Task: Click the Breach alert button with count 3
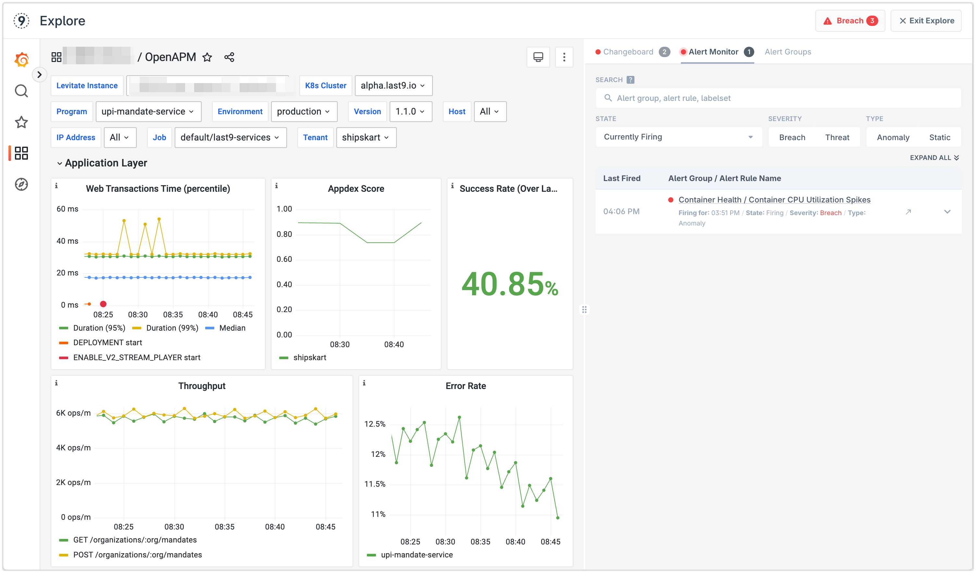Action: [850, 21]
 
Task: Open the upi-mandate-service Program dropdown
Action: [148, 112]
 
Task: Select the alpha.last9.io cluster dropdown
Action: [393, 86]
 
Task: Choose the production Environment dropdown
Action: [304, 112]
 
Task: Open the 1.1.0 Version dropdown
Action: [410, 112]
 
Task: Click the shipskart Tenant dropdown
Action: [366, 138]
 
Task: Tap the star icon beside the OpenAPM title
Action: [207, 57]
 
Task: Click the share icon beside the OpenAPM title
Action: [229, 57]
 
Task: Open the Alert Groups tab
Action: [787, 52]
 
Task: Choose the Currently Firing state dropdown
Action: [678, 137]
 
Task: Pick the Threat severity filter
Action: [837, 138]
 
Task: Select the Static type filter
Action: [939, 138]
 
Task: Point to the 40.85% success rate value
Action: [509, 285]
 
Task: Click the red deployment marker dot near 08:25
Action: [103, 304]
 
